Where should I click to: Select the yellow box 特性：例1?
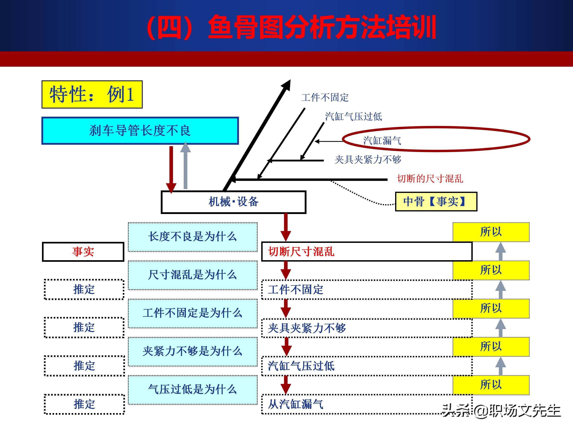[92, 94]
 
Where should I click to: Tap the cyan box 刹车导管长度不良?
[140, 131]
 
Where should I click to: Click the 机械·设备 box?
[233, 202]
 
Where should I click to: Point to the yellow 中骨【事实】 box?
[436, 202]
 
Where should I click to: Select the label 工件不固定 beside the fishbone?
[325, 98]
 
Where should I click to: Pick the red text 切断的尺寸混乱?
[430, 179]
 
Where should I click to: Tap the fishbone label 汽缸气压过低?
[354, 117]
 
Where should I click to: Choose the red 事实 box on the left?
[83, 252]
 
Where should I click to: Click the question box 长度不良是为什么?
[192, 237]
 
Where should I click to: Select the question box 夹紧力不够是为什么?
[192, 351]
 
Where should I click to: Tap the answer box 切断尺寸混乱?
[366, 252]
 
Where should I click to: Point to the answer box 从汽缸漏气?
[366, 404]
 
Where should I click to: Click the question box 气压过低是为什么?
[192, 390]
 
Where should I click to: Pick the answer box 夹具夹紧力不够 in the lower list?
[366, 328]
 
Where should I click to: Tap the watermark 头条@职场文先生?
[501, 411]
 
